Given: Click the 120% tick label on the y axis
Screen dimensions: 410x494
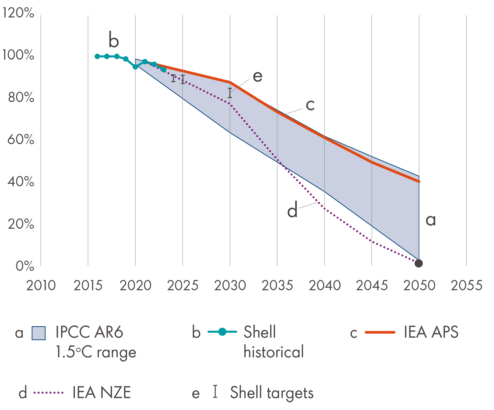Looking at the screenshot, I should point(18,13).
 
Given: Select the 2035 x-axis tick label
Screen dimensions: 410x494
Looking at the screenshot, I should point(277,286).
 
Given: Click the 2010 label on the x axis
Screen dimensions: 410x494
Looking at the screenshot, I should point(41,286).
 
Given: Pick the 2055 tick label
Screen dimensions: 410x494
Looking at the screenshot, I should point(467,286).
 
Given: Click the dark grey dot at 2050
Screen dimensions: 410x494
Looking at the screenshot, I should point(419,263).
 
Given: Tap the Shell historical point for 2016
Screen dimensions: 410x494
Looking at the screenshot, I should point(97,56).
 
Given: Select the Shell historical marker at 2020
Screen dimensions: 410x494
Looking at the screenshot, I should point(135,67).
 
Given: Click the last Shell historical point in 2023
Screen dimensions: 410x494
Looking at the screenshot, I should point(164,70).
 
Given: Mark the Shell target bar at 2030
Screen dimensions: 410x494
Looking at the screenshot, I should point(230,93).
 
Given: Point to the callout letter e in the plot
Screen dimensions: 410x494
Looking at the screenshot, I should point(257,76).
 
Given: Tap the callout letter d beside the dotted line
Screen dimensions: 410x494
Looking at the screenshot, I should point(292,210).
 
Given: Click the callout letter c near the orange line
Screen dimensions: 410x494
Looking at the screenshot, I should point(310,105).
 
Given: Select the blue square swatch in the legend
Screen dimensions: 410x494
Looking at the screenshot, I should point(39,333).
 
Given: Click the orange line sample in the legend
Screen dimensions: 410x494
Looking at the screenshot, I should point(380,332).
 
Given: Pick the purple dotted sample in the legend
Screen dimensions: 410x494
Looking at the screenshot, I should point(49,393).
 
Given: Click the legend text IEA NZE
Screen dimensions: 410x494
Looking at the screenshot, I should point(102,393).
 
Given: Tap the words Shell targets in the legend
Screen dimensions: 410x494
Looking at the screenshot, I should point(272,393).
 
